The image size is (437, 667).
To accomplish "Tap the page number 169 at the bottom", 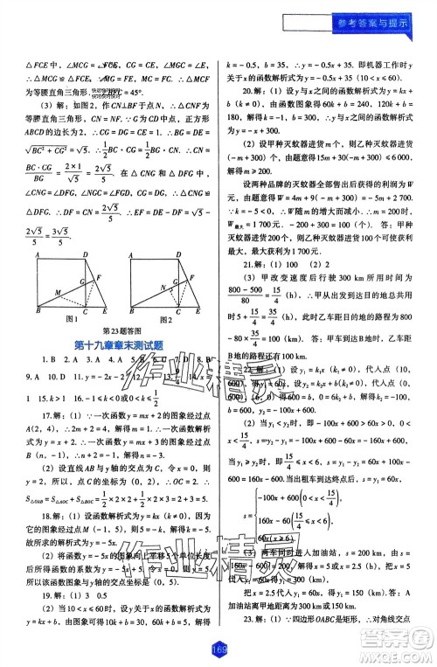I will [x=218, y=649].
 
